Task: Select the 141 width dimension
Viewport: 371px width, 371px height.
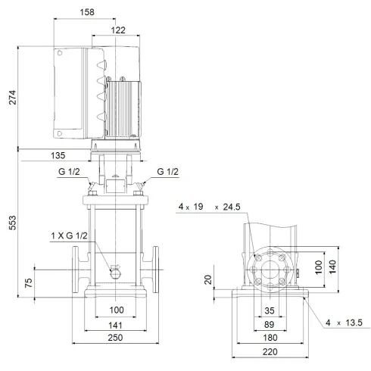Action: [117, 325]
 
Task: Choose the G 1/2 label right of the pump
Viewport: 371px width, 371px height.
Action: [168, 172]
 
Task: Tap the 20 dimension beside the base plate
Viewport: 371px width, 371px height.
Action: [207, 279]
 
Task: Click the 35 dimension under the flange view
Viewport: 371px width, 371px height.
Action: [270, 311]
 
